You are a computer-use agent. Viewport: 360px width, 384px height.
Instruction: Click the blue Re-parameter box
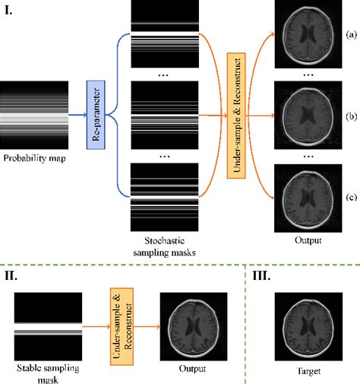pyautogui.click(x=96, y=115)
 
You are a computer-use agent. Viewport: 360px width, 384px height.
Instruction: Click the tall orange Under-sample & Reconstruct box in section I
pyautogui.click(x=236, y=116)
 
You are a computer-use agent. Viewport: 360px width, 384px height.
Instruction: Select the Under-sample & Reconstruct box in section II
pyautogui.click(x=122, y=326)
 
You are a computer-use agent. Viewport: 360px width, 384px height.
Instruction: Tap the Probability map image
pyautogui.click(x=34, y=115)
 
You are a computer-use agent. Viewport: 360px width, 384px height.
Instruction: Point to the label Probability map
pyautogui.click(x=34, y=158)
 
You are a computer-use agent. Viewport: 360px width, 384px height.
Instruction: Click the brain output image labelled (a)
pyautogui.click(x=308, y=34)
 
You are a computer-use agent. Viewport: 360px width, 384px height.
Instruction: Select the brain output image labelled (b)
pyautogui.click(x=308, y=115)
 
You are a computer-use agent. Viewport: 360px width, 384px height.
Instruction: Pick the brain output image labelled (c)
pyautogui.click(x=308, y=198)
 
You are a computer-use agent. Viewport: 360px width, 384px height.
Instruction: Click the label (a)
pyautogui.click(x=352, y=34)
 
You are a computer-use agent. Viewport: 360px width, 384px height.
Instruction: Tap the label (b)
pyautogui.click(x=352, y=116)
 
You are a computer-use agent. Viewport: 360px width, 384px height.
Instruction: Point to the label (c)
pyautogui.click(x=352, y=197)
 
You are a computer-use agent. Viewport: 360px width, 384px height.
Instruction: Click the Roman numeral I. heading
pyautogui.click(x=8, y=11)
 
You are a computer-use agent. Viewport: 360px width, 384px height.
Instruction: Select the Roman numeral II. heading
pyautogui.click(x=11, y=275)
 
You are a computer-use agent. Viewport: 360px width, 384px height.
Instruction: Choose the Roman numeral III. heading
pyautogui.click(x=261, y=275)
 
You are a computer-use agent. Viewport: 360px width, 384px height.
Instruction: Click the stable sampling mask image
pyautogui.click(x=48, y=326)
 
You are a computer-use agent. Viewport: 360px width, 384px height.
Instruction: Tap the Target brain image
pyautogui.click(x=308, y=326)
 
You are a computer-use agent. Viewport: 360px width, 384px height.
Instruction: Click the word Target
pyautogui.click(x=308, y=371)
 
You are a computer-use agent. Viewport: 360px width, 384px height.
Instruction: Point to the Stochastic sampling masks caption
pyautogui.click(x=165, y=246)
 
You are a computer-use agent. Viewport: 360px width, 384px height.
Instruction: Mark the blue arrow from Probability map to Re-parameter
pyautogui.click(x=77, y=115)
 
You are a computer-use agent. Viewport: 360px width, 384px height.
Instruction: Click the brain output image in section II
pyautogui.click(x=194, y=326)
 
